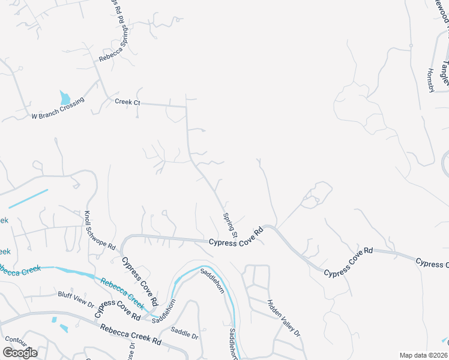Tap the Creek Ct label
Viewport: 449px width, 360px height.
[127, 102]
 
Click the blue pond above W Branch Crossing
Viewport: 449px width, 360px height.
[65, 97]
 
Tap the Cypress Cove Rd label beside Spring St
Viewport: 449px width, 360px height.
[237, 237]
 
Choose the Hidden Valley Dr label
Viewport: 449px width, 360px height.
[283, 318]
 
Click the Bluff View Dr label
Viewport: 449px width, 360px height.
[76, 298]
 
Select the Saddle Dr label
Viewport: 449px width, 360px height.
[184, 331]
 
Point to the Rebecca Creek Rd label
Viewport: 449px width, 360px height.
[131, 334]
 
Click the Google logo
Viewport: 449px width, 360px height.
[20, 352]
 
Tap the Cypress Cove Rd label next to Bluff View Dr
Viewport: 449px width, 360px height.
[118, 309]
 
